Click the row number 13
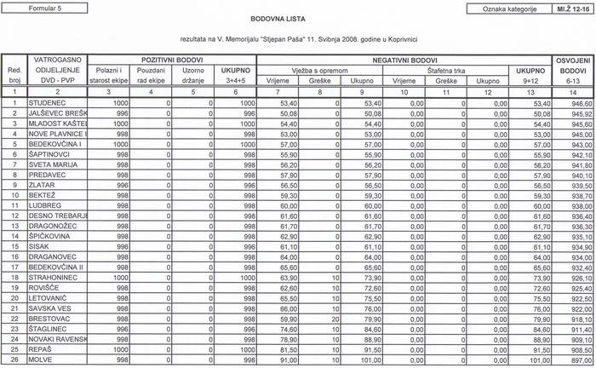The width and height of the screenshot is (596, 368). [x=14, y=226]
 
